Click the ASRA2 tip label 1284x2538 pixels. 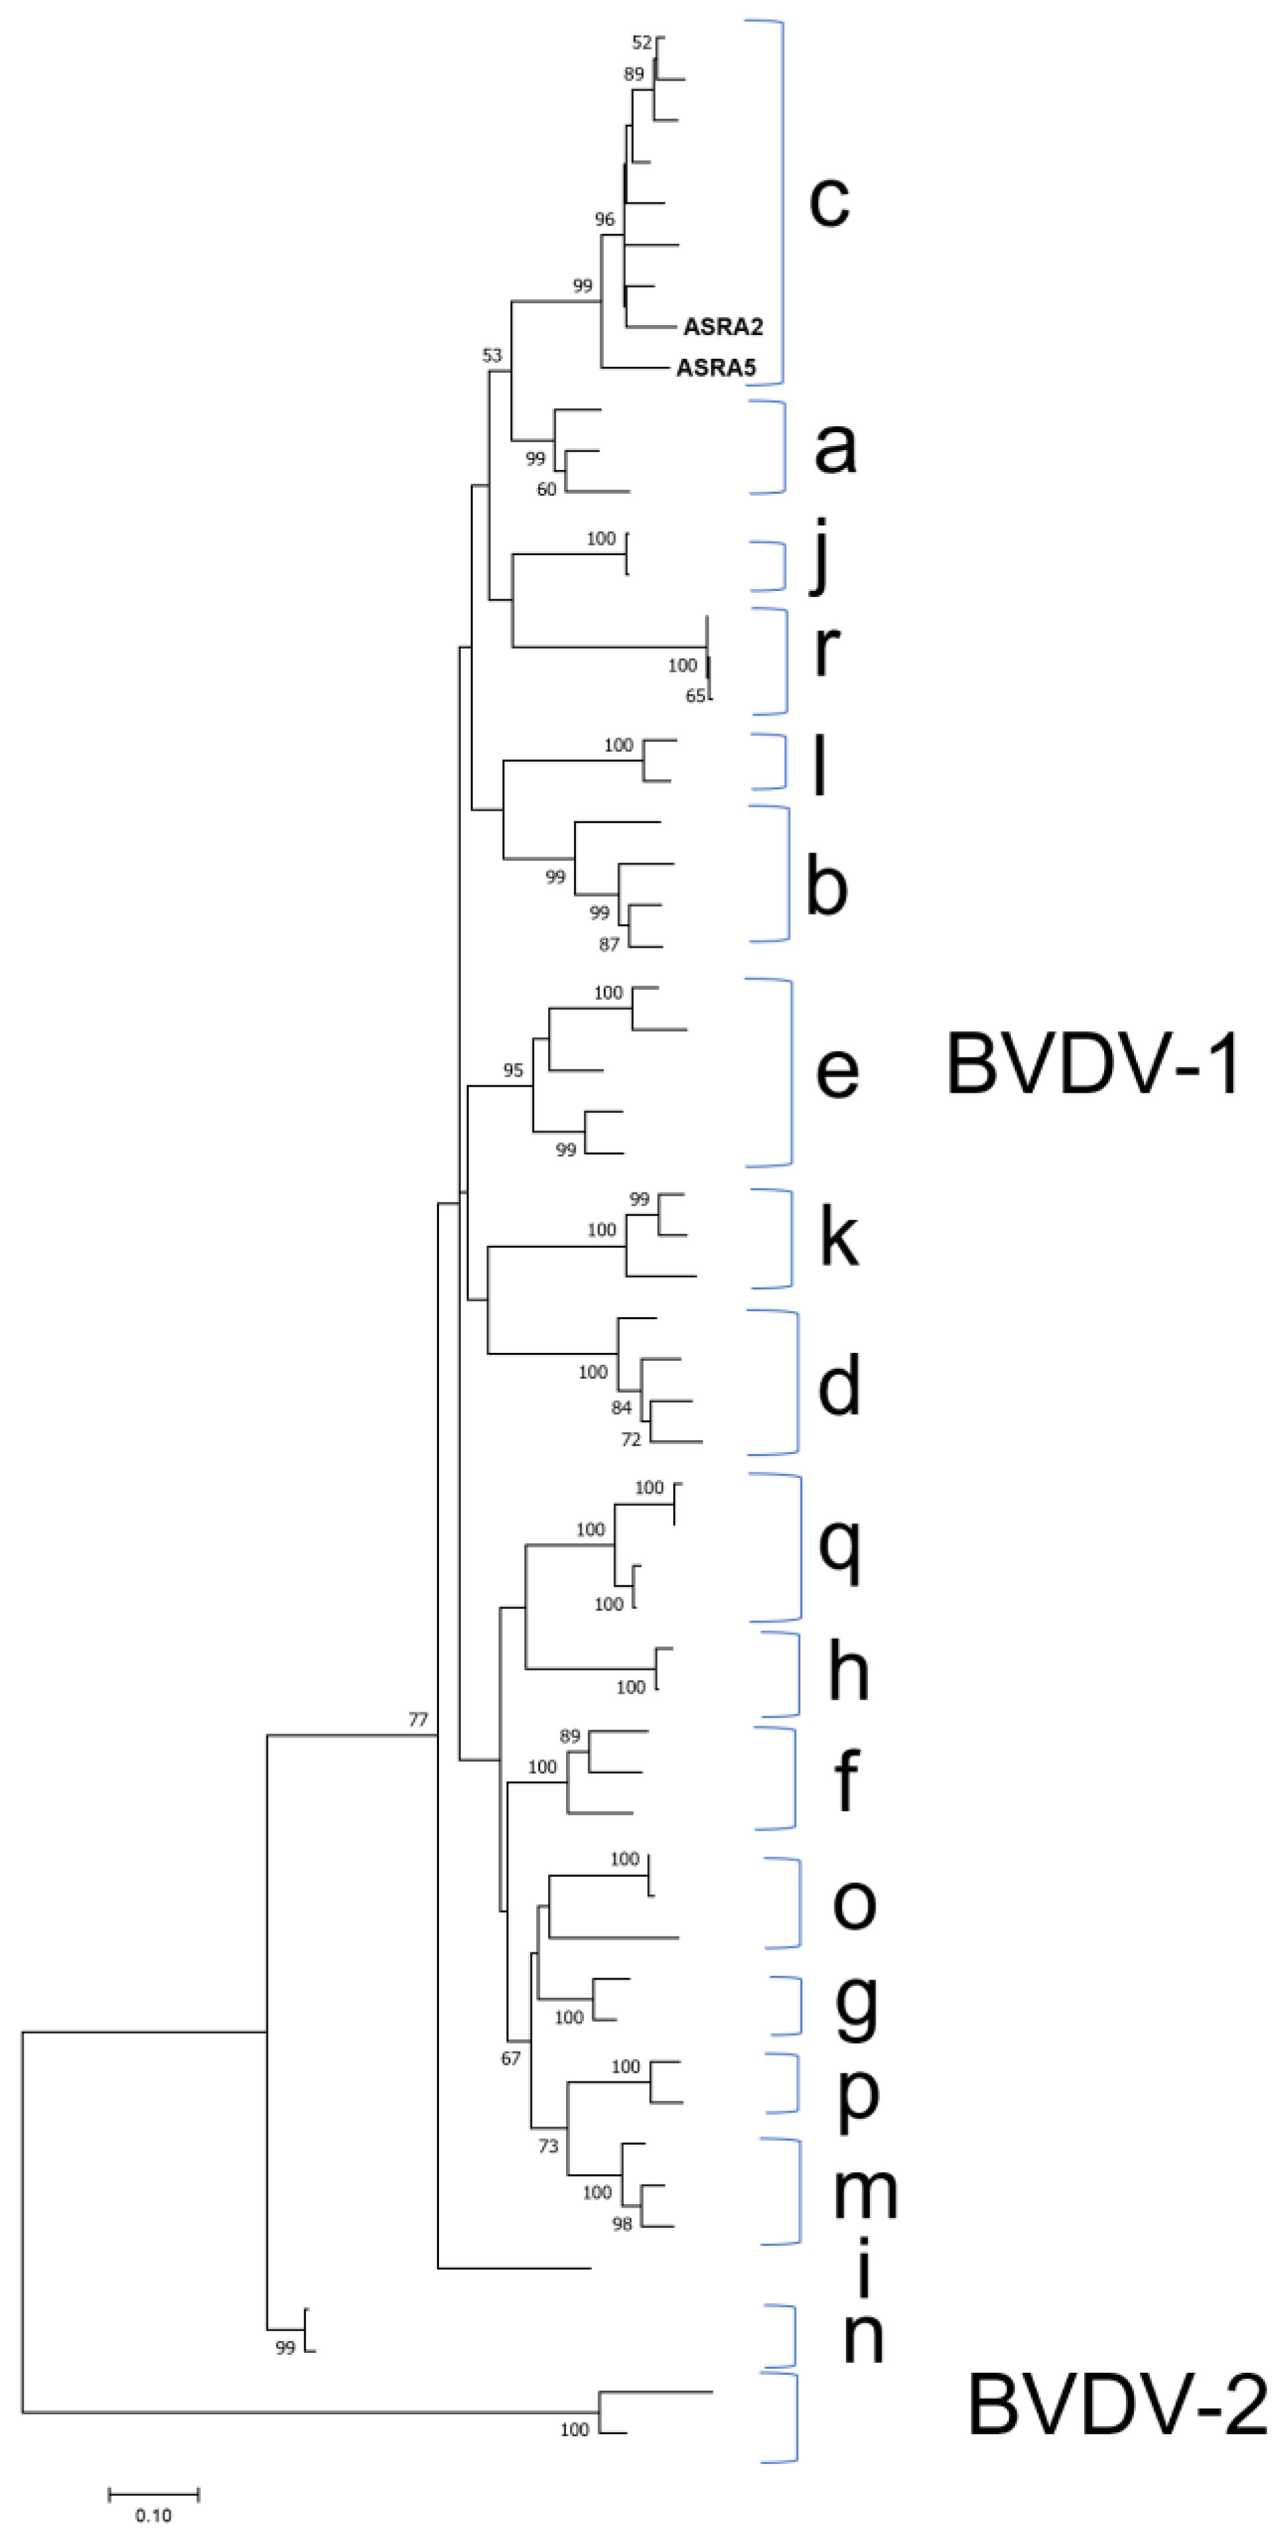(x=722, y=326)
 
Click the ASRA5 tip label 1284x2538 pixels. (x=715, y=369)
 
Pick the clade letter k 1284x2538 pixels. (x=838, y=1237)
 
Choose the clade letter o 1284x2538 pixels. (x=854, y=1903)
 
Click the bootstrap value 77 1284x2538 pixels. (x=419, y=1719)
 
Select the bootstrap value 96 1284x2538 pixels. (x=604, y=219)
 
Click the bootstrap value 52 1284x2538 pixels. (x=641, y=42)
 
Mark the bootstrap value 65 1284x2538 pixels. (x=696, y=695)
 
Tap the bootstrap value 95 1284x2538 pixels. (x=512, y=1070)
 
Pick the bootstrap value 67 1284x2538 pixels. (x=510, y=2058)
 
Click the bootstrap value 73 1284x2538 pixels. (x=549, y=2146)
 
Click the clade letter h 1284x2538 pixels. (x=848, y=1672)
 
